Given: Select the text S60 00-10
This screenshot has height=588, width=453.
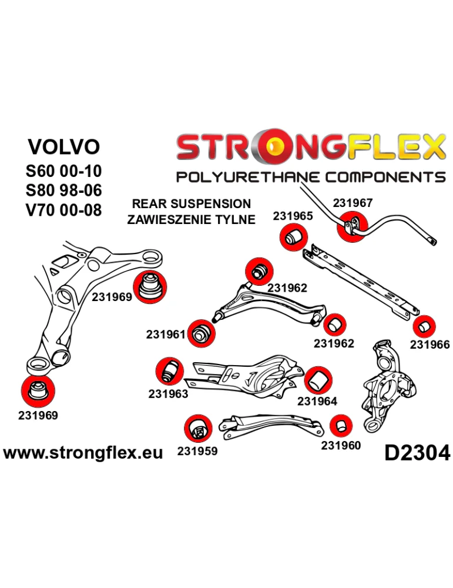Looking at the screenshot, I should tap(64, 171).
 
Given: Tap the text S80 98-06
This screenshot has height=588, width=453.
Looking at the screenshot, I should tap(64, 190).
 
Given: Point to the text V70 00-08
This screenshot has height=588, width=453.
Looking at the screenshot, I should tap(64, 209).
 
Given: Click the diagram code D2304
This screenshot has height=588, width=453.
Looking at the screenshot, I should tap(417, 453).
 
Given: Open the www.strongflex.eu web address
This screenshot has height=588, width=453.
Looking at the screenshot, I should tap(83, 453).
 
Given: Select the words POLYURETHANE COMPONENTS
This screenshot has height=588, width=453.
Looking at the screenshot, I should tap(311, 177).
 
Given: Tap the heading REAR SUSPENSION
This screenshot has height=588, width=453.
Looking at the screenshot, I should tap(192, 204).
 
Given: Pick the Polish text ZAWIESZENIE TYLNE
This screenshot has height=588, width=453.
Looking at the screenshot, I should tap(192, 220).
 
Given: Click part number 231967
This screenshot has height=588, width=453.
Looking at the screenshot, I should tap(353, 203).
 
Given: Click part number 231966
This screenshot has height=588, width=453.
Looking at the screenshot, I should tap(429, 345).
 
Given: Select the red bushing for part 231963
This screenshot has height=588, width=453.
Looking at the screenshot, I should tap(169, 370).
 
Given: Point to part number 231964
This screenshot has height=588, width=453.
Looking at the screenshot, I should tap(317, 401).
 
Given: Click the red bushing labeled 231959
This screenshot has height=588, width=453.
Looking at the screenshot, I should tap(197, 429).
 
